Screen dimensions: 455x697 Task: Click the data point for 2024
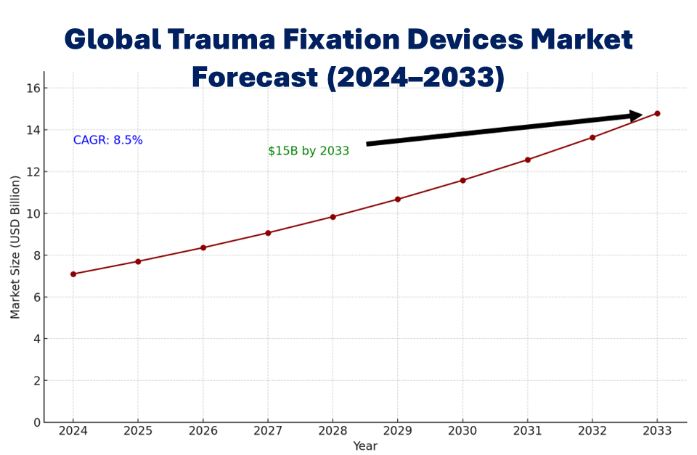pos(73,274)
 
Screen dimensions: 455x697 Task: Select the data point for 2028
pos(333,217)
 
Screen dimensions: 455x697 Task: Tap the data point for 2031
pos(528,160)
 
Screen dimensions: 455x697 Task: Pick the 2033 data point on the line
pos(657,113)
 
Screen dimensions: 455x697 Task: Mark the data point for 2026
pos(203,247)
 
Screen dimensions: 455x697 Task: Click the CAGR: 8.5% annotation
pos(108,140)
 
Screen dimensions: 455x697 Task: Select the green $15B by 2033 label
pos(309,151)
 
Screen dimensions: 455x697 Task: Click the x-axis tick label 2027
pos(268,430)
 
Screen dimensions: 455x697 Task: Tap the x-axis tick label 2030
pos(462,430)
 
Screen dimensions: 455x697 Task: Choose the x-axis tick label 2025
pos(138,430)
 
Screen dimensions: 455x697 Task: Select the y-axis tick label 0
pos(35,422)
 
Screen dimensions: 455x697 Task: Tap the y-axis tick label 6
pos(35,298)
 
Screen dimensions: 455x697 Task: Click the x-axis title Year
pos(365,446)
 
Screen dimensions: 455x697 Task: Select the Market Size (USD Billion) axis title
pos(15,247)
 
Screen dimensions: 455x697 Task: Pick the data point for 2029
pos(398,199)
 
